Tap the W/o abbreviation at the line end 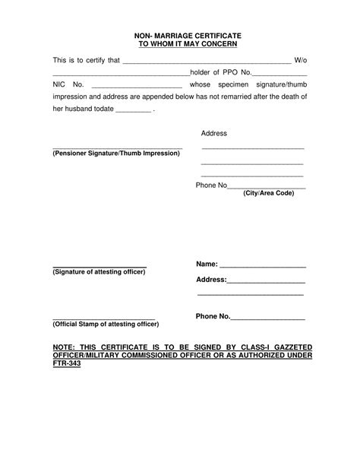click(300, 59)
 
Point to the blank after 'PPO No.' click(279, 73)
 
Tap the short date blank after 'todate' click(132, 110)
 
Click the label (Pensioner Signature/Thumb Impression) click(116, 153)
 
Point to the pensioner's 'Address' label click(214, 133)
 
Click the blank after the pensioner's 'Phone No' click(267, 186)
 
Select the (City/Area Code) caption click(268, 194)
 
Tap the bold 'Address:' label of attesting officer click(211, 279)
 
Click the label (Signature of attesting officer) click(99, 271)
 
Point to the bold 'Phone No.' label click(213, 315)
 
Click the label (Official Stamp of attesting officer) click(106, 323)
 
